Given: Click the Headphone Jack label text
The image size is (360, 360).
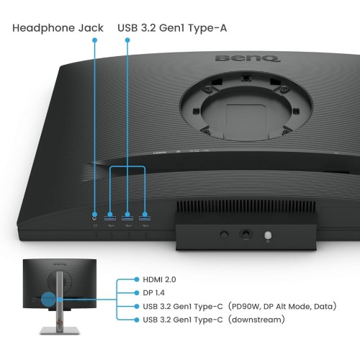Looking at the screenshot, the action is (58, 28).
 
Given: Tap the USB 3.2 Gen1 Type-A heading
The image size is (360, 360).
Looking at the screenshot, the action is (172, 28).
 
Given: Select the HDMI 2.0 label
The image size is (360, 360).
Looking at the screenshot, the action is (159, 279).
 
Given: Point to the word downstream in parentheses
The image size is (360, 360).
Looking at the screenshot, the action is (256, 320).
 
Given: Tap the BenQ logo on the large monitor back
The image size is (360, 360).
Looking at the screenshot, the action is (248, 58).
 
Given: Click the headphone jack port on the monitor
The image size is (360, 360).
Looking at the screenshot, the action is (95, 217).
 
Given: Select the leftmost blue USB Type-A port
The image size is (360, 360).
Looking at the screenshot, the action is (110, 218).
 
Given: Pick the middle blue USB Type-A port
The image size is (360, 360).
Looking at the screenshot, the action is (127, 218).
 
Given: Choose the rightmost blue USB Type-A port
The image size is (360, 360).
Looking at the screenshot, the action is (145, 218).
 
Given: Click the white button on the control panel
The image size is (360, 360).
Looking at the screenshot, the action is (268, 235).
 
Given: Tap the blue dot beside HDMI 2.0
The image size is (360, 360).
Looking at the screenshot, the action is (137, 279).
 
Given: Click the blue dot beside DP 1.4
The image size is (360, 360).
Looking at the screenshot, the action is (137, 293).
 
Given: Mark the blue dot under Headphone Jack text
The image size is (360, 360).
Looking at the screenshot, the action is (95, 40).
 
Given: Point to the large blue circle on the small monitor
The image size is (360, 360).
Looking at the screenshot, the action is (48, 299).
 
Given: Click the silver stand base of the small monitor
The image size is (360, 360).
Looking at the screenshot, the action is (60, 330).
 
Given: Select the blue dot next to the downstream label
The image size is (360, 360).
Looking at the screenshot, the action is (137, 320).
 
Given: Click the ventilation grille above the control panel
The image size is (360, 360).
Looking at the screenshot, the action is (246, 207).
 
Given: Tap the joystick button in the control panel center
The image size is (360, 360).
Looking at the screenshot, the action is (246, 233).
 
